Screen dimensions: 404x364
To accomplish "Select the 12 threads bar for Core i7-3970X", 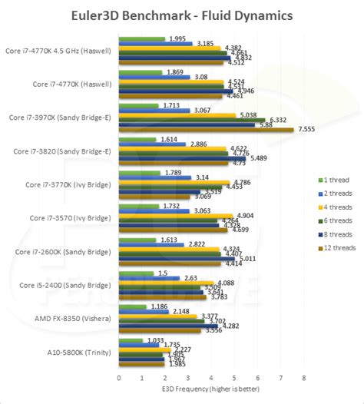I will [x=206, y=130].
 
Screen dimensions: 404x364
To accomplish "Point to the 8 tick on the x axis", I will [x=304, y=378].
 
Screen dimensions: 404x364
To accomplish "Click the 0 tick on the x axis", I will [x=119, y=378].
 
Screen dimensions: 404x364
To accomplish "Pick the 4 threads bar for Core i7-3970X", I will [x=177, y=114].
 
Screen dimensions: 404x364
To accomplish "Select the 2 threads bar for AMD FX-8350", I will [x=144, y=311].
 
